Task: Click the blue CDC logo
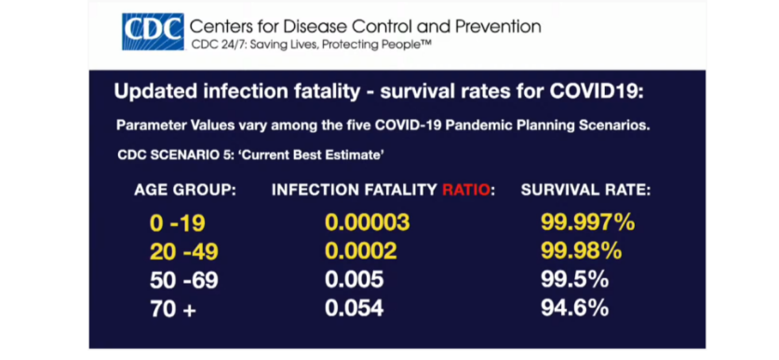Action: pos(153,32)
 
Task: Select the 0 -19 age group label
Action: pos(178,223)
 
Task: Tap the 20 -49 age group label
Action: pos(184,252)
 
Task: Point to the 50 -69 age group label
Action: pos(184,281)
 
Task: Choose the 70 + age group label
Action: pos(173,310)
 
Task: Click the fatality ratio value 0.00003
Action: pos(368,223)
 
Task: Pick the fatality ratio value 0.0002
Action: pos(361,252)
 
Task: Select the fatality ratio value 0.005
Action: pos(355,280)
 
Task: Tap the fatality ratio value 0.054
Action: pos(355,308)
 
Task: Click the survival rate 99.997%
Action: pos(587,223)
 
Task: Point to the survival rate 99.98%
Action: pos(582,252)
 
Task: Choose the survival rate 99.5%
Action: pos(575,280)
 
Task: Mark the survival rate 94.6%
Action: pos(575,308)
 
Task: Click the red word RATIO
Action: pos(466,190)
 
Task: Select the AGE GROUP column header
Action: pos(185,190)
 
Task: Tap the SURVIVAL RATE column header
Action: pos(585,190)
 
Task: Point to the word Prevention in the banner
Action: pos(498,26)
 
